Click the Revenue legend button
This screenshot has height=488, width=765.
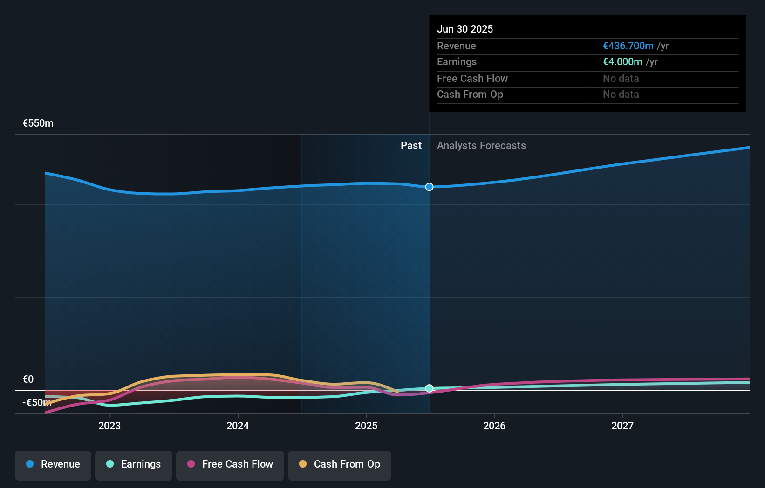coord(53,464)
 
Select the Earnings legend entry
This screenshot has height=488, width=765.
coord(134,464)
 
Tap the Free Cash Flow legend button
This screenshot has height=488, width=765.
coord(230,464)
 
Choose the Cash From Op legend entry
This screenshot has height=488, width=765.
coord(340,464)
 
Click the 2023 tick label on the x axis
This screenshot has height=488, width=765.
coord(109,426)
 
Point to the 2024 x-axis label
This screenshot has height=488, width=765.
coord(238,426)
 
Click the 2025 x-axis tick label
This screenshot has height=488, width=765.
coord(366,426)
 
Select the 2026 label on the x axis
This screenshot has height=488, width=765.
coord(494,426)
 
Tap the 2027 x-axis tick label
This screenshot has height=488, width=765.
coord(622,426)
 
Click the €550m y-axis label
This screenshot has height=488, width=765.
coord(38,123)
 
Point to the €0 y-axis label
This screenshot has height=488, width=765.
coord(28,380)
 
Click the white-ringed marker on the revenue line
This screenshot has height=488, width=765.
coord(429,187)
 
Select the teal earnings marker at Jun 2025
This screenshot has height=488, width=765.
coord(429,388)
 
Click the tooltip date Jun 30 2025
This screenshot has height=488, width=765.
coord(465,29)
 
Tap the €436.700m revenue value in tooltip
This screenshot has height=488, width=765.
coord(628,46)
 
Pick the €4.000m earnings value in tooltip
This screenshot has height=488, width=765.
coord(622,62)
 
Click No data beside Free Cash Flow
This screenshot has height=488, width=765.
coord(621,79)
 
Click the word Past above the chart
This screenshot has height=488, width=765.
coord(411,146)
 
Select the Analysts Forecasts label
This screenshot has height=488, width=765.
coord(481,146)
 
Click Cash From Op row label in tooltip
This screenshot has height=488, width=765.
coord(470,95)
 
